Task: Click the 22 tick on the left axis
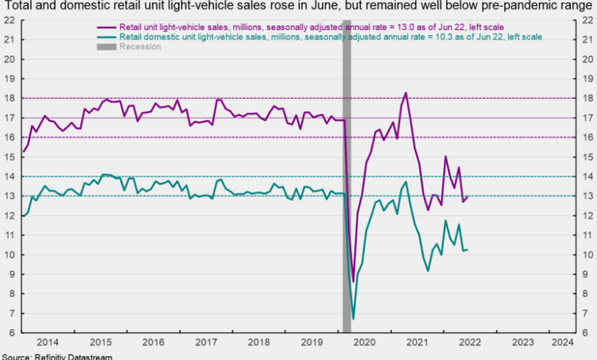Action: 11,20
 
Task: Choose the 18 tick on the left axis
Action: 11,98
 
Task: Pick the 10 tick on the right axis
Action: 585,254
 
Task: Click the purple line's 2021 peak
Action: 406,93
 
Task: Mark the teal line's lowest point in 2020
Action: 353,319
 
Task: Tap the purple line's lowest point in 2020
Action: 353,281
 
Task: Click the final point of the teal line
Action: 468,249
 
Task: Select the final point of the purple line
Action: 468,196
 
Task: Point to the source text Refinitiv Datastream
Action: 57,356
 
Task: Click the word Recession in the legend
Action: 140,47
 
